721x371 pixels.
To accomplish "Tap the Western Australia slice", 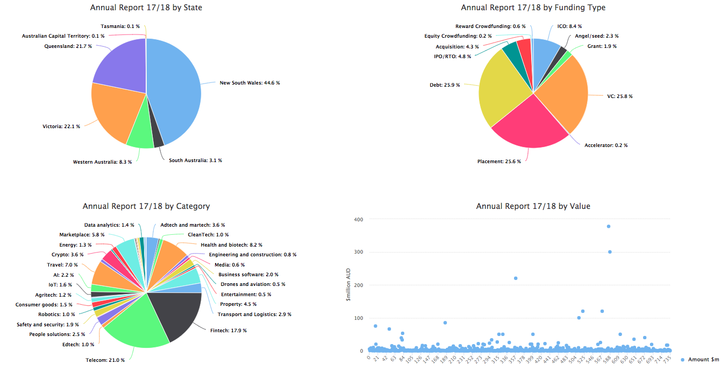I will tap(140, 137).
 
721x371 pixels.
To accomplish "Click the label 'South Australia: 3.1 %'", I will tap(195, 160).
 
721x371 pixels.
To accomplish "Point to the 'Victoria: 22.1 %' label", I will tap(61, 127).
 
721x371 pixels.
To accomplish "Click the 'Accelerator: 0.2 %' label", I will tap(606, 145).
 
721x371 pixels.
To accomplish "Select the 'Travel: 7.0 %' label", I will tap(62, 265).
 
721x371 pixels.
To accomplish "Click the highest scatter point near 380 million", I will tap(608, 226).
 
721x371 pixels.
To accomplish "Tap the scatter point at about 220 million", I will tap(516, 278).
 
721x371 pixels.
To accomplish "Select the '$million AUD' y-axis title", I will tap(348, 285).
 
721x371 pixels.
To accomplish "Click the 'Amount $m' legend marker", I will tap(683, 360).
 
